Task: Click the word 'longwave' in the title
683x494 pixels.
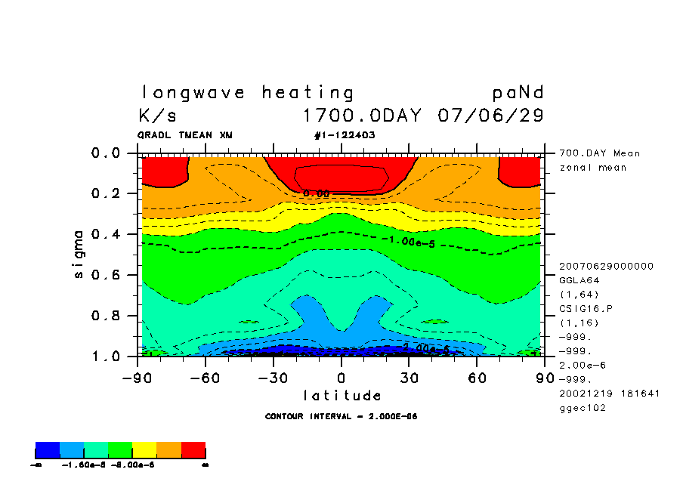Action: pos(193,93)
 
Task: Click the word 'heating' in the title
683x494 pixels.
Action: pos(308,93)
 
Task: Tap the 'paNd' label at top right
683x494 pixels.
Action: pos(518,93)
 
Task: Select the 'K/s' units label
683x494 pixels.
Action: pos(157,116)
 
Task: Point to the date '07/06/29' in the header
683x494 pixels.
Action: pos(490,116)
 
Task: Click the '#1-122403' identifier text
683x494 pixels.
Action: pos(344,135)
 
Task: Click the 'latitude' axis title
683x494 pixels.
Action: pos(342,395)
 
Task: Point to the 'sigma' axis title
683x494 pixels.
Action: pos(79,254)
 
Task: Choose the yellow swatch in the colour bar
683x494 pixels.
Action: pos(144,451)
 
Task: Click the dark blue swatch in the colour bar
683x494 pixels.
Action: pos(48,451)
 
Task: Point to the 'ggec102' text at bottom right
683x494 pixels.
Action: pos(582,408)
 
